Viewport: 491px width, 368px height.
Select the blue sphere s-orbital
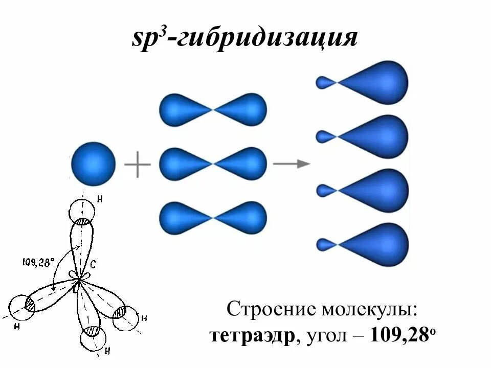click(93, 164)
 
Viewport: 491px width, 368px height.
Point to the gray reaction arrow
click(292, 164)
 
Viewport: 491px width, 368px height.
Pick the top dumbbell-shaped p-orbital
click(213, 109)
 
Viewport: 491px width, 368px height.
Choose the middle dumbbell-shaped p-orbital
click(213, 164)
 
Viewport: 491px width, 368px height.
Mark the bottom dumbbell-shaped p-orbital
click(213, 218)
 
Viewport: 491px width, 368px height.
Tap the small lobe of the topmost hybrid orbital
click(324, 82)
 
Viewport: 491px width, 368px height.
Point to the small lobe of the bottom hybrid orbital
click(324, 245)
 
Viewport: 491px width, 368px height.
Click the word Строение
click(271, 310)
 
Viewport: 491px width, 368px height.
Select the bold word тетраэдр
click(253, 336)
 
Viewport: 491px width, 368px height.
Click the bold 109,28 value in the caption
click(399, 336)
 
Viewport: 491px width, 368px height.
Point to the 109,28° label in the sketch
click(38, 263)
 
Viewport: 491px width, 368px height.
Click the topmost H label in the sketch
click(99, 199)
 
